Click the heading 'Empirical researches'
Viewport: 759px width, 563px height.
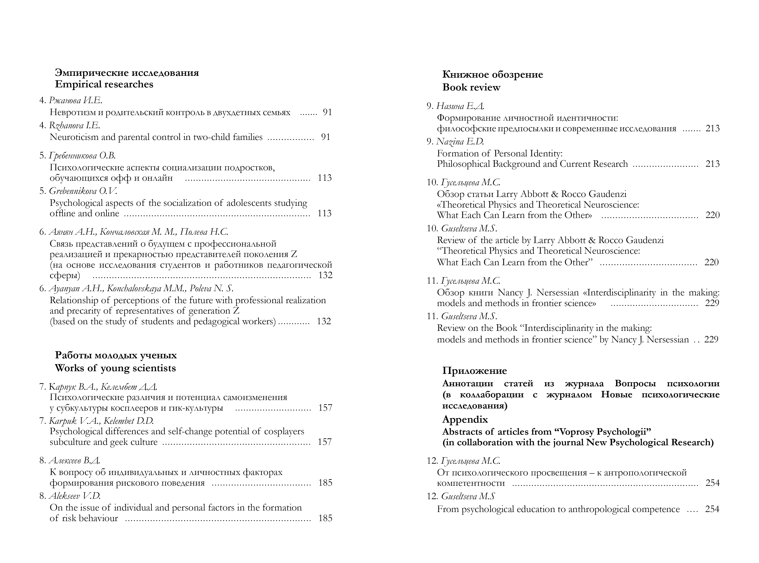coord(104,84)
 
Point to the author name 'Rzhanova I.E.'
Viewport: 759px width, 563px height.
coord(75,126)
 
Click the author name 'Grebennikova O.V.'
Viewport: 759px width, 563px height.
coord(83,191)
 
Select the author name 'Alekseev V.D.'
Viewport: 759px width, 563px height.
coord(75,496)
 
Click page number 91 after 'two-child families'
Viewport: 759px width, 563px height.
coord(326,137)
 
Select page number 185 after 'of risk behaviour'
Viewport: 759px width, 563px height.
coord(325,518)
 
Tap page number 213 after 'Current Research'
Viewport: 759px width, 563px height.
coord(712,164)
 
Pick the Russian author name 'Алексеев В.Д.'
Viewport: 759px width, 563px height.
coord(75,461)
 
